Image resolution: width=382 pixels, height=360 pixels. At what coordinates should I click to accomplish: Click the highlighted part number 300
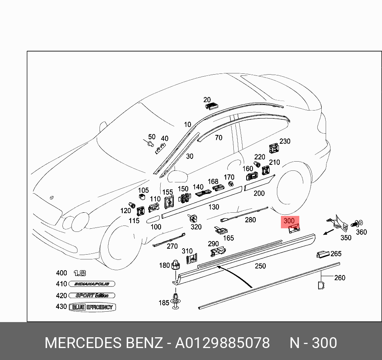point(289,221)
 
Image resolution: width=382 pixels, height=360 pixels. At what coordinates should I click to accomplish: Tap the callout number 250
point(260,266)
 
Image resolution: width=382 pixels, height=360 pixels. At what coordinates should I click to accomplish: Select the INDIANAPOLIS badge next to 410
point(92,284)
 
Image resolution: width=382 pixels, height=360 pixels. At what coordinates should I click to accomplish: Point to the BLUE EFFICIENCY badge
point(92,307)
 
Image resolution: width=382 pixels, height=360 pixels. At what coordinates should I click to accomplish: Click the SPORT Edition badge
point(92,295)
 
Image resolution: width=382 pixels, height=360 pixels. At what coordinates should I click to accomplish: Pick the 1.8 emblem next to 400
point(80,273)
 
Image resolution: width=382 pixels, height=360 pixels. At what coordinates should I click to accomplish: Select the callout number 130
point(214,207)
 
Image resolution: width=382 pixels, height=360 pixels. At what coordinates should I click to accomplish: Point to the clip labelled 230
point(274,148)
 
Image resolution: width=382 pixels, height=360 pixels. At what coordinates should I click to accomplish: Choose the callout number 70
point(218,138)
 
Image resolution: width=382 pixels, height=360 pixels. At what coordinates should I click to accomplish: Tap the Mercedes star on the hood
point(51,198)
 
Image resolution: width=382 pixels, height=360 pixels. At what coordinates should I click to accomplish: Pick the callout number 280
point(250,220)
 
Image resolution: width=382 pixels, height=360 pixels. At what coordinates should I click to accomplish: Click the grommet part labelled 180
point(175,266)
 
